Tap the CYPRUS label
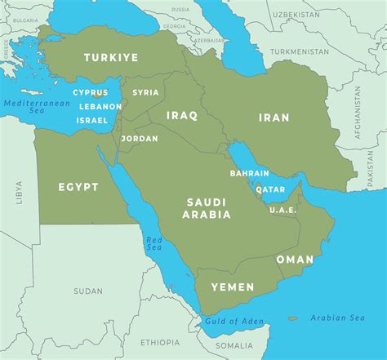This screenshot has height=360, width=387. click(x=90, y=93)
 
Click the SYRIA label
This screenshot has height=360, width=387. click(x=145, y=92)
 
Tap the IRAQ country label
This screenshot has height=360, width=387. click(x=181, y=115)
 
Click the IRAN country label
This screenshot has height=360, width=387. click(x=274, y=118)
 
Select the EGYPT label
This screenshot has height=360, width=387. click(x=78, y=187)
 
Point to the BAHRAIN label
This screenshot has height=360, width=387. click(x=249, y=173)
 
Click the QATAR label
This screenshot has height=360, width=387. click(x=270, y=189)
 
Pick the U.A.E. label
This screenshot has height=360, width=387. click(x=282, y=210)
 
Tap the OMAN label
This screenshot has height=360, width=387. click(x=295, y=259)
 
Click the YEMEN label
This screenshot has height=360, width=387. click(x=232, y=287)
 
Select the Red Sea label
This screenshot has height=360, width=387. click(x=153, y=242)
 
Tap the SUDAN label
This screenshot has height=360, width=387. click(x=87, y=291)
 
